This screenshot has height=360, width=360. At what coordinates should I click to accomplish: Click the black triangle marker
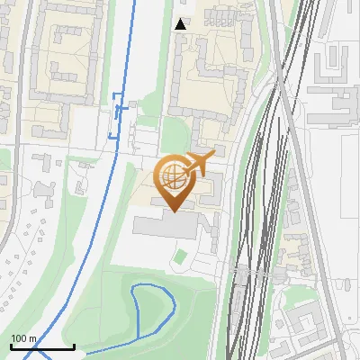pos(181,24)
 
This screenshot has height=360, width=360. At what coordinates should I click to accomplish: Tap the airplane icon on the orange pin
pos(200,163)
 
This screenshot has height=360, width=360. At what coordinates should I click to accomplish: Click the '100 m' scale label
pos(23,338)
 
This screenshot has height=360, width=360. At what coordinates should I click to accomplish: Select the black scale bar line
pos(41,346)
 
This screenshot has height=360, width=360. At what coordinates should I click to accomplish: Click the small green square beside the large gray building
pos(180,257)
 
